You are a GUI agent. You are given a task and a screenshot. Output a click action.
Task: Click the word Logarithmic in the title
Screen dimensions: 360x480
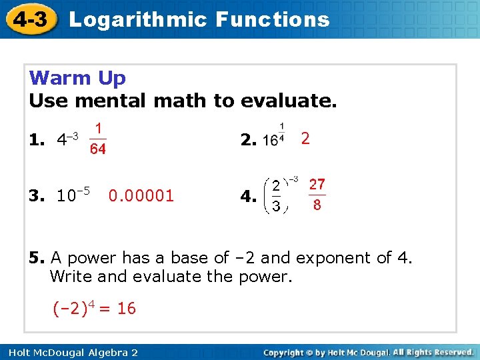pyautogui.click(x=138, y=19)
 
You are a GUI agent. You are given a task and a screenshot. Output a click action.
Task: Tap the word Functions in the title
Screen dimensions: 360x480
pyautogui.click(x=273, y=19)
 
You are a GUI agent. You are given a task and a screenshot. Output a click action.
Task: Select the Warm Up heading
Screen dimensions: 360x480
pyautogui.click(x=77, y=78)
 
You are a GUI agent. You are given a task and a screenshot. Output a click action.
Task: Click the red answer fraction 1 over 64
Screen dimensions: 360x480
pyautogui.click(x=98, y=139)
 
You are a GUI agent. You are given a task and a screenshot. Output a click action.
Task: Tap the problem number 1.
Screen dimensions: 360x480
pyautogui.click(x=37, y=140)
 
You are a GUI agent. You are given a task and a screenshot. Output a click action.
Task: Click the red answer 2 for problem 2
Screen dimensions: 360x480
pyautogui.click(x=305, y=138)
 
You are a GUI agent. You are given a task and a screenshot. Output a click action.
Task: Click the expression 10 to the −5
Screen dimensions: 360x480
pyautogui.click(x=73, y=195)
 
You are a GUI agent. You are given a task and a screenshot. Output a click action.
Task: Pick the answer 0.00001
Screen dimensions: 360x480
pyautogui.click(x=141, y=195)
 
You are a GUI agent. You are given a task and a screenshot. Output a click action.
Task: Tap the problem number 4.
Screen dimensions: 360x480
pyautogui.click(x=249, y=197)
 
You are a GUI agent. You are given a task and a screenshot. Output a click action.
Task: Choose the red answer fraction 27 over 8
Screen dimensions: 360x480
pyautogui.click(x=317, y=194)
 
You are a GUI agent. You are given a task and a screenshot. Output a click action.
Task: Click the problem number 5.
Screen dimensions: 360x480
pyautogui.click(x=37, y=258)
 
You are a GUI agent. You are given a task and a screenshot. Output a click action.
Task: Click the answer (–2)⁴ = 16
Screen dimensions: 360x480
pyautogui.click(x=94, y=308)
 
